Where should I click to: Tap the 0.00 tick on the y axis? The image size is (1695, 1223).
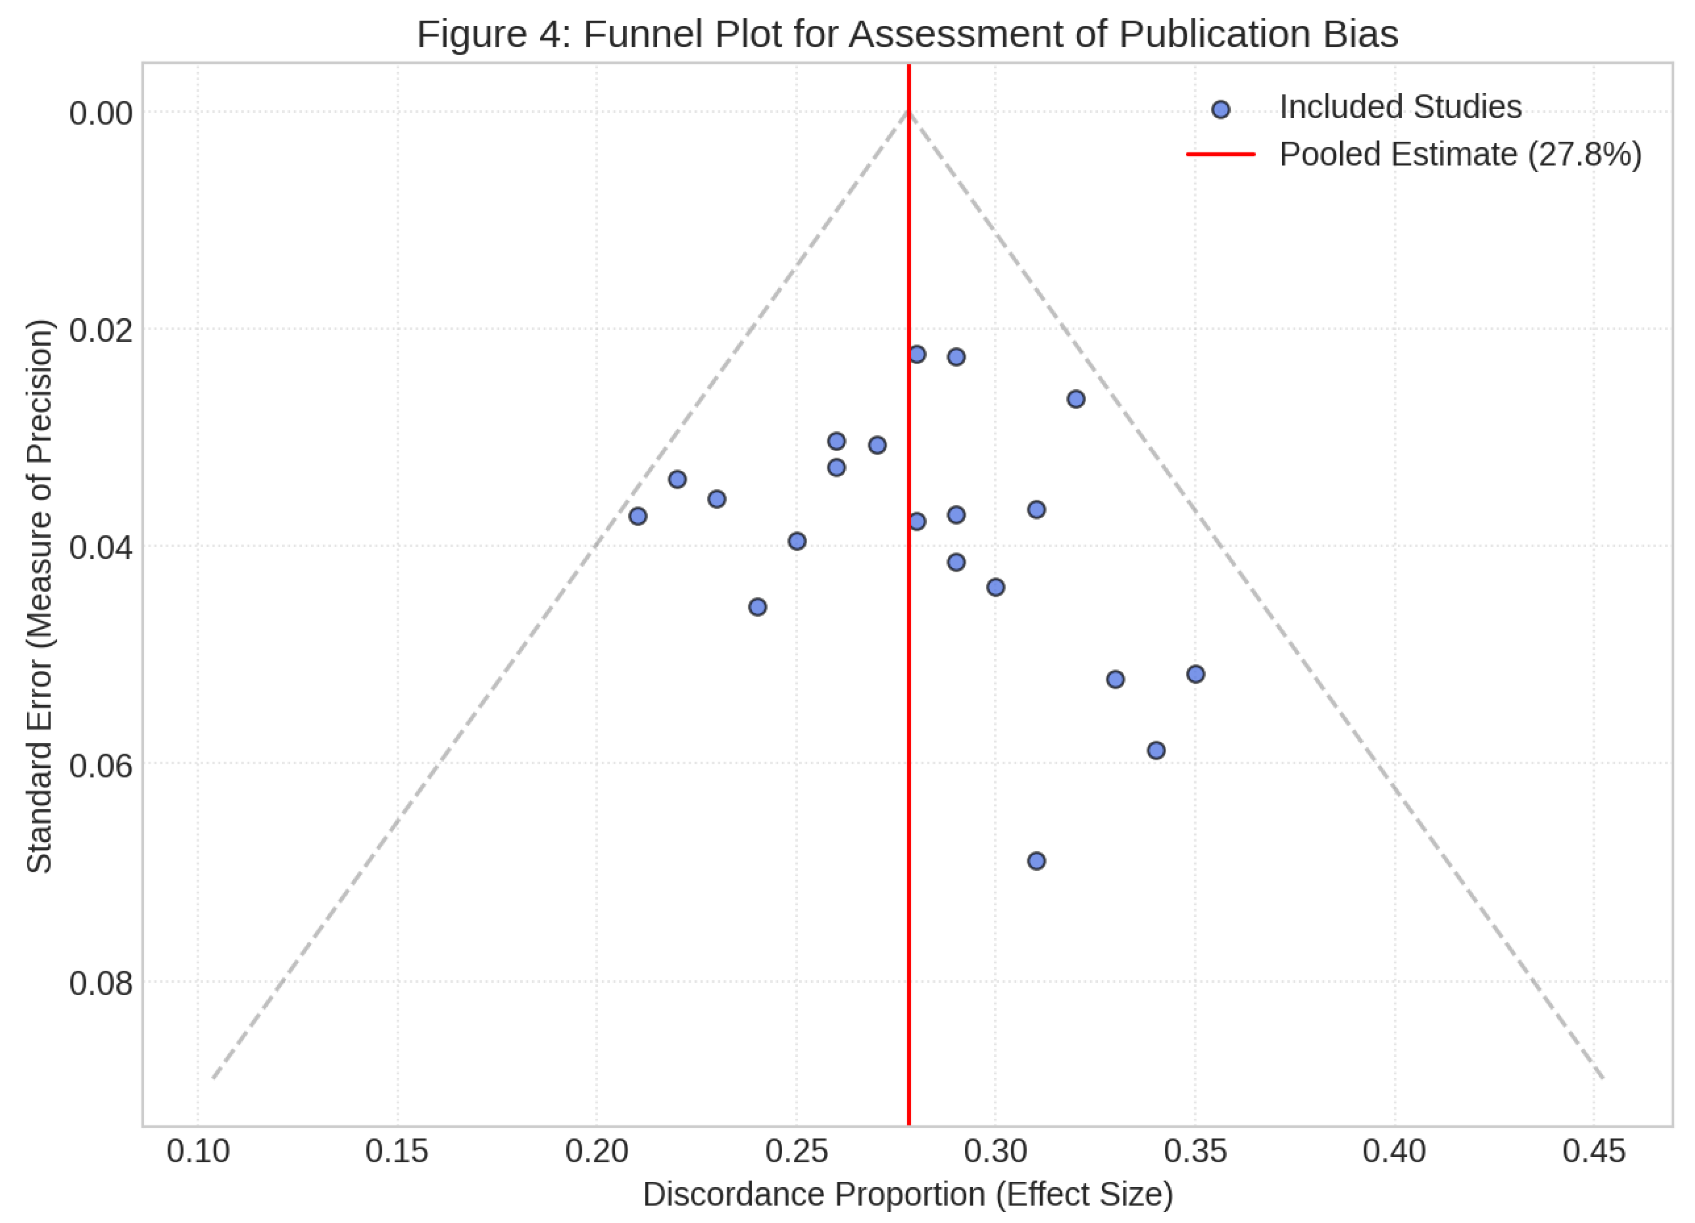(101, 114)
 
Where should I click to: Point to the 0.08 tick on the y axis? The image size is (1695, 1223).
(101, 983)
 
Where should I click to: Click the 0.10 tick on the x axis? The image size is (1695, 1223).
(198, 1151)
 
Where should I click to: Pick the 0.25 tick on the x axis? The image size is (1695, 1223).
(796, 1151)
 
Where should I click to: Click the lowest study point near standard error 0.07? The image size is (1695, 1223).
(1036, 861)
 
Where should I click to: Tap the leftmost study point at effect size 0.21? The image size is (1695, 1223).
(638, 516)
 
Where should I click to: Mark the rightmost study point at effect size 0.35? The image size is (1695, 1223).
(1195, 674)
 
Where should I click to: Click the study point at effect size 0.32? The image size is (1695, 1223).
(1075, 399)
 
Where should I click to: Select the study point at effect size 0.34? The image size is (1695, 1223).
(1156, 750)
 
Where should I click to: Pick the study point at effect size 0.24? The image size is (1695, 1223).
(757, 607)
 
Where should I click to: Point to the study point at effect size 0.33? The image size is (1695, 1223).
(1115, 679)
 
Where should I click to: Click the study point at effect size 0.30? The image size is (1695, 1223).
(996, 587)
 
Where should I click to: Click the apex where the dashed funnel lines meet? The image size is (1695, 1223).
(909, 112)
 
